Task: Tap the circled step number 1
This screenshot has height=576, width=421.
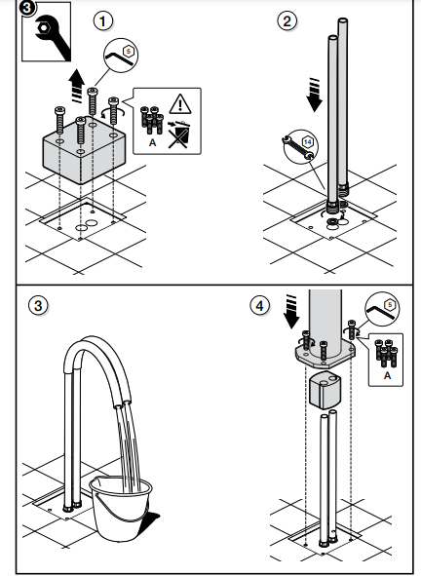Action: pos(103,20)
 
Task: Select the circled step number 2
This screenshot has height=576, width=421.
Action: pos(287,20)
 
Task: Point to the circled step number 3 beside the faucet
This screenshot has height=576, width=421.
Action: pos(38,306)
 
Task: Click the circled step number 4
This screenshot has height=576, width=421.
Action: pos(260,306)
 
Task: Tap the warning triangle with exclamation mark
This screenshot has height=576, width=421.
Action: pos(180,103)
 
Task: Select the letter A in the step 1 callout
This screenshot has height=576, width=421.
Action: pos(152,142)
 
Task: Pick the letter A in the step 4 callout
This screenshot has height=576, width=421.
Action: pos(387,375)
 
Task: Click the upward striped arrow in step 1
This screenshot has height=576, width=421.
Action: pos(78,85)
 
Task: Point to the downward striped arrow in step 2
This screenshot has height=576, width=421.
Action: pos(315,95)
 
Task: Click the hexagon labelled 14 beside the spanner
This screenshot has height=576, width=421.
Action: pos(308,142)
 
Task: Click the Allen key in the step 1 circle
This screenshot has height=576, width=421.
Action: pos(119,58)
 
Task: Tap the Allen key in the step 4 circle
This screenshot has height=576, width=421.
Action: pos(381,312)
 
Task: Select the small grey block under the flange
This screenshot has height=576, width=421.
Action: pos(324,391)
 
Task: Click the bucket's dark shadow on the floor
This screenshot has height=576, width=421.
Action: pos(151,521)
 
